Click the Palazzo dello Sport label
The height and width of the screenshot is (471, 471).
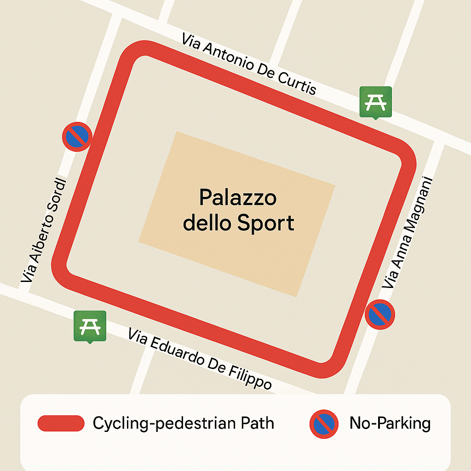[x=238, y=211]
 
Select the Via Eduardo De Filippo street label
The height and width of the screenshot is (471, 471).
[x=200, y=359]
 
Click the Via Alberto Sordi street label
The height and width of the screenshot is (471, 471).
[x=44, y=230]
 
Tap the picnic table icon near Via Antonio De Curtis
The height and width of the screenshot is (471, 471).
[x=375, y=102]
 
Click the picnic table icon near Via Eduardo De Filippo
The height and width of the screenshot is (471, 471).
[x=90, y=326]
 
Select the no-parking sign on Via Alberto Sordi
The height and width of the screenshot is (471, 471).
[x=77, y=136]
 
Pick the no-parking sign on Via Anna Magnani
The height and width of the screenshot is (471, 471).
[x=380, y=315]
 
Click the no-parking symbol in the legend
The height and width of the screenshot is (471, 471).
[x=324, y=424]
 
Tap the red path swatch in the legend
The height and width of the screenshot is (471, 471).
[x=61, y=424]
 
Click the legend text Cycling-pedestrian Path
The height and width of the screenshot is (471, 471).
[x=183, y=423]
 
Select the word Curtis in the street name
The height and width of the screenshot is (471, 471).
[x=298, y=83]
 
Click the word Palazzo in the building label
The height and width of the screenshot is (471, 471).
[x=238, y=198]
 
